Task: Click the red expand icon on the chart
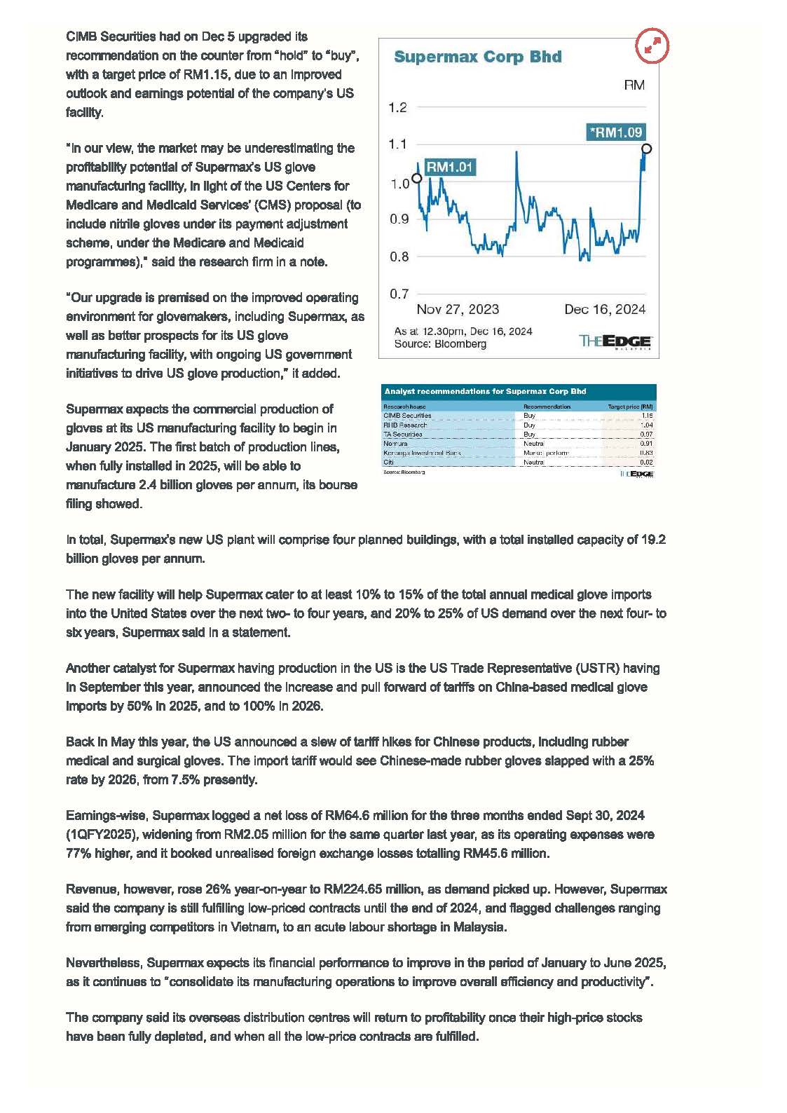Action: pyautogui.click(x=652, y=46)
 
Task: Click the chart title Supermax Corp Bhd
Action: pyautogui.click(x=477, y=57)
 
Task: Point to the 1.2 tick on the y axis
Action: pyautogui.click(x=397, y=108)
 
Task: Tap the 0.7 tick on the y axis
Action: pyautogui.click(x=398, y=294)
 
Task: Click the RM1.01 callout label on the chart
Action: pyautogui.click(x=450, y=167)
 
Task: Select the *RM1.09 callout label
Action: pyautogui.click(x=615, y=132)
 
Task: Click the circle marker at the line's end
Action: pyautogui.click(x=646, y=149)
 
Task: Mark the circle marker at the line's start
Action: pyautogui.click(x=416, y=178)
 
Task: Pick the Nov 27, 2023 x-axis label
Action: pyautogui.click(x=458, y=310)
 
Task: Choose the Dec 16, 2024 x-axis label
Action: pyautogui.click(x=605, y=310)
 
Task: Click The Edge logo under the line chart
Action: pyautogui.click(x=616, y=341)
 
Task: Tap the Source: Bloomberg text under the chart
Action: pyautogui.click(x=440, y=344)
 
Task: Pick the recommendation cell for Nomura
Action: pyautogui.click(x=534, y=444)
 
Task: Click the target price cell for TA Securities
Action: pyautogui.click(x=647, y=435)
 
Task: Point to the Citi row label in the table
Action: pyautogui.click(x=388, y=463)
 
